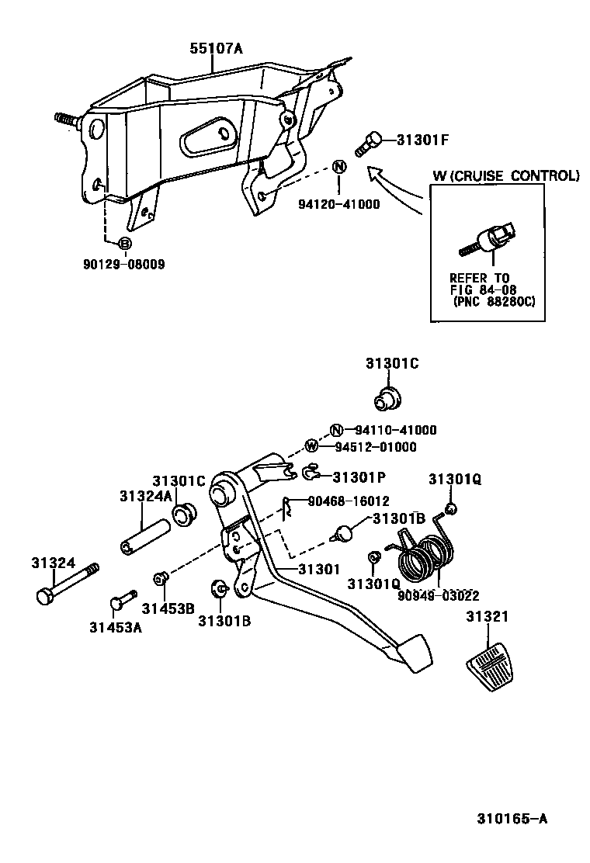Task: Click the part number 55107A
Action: click(x=216, y=48)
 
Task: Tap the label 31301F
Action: click(x=423, y=140)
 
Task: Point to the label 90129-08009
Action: click(x=124, y=264)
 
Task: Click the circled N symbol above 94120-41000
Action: click(x=339, y=166)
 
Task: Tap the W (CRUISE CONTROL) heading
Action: click(x=505, y=176)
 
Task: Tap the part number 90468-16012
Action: click(x=349, y=501)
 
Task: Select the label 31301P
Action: click(x=360, y=476)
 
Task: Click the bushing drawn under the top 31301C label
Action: click(x=386, y=398)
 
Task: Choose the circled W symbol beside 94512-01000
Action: click(x=311, y=446)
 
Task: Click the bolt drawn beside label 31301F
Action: click(x=369, y=144)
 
